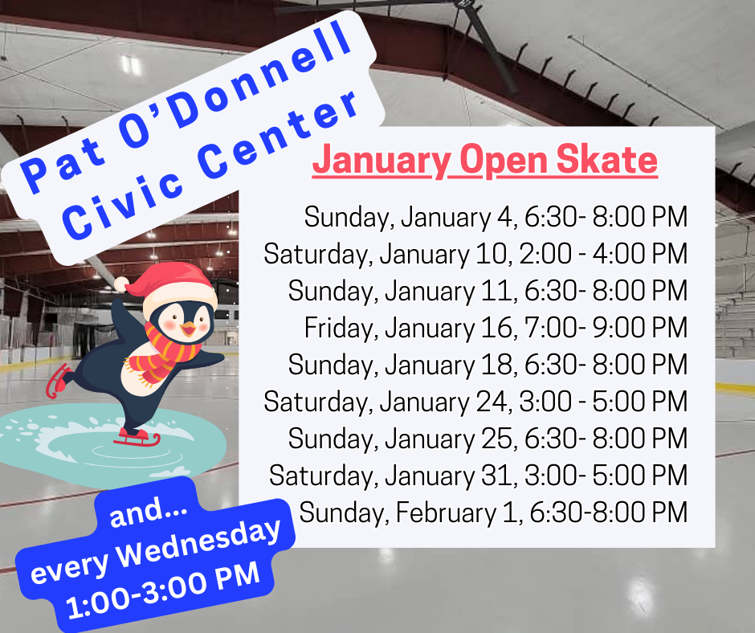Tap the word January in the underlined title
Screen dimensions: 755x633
(382, 161)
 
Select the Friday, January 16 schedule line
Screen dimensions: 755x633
(496, 328)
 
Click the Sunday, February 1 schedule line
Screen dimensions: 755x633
(493, 513)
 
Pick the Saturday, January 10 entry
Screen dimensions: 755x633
(475, 255)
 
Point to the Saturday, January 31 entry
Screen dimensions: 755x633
(478, 476)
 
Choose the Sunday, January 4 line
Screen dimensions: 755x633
(496, 217)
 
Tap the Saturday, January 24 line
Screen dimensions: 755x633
(475, 402)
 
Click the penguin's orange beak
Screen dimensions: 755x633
(188, 329)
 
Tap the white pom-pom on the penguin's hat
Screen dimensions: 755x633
(122, 284)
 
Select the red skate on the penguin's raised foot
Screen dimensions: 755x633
(57, 381)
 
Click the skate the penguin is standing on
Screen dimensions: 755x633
(137, 438)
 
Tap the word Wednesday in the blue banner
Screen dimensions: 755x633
(198, 542)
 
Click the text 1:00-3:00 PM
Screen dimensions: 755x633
(163, 590)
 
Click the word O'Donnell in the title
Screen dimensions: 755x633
(235, 84)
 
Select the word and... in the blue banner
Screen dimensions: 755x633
(149, 512)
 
